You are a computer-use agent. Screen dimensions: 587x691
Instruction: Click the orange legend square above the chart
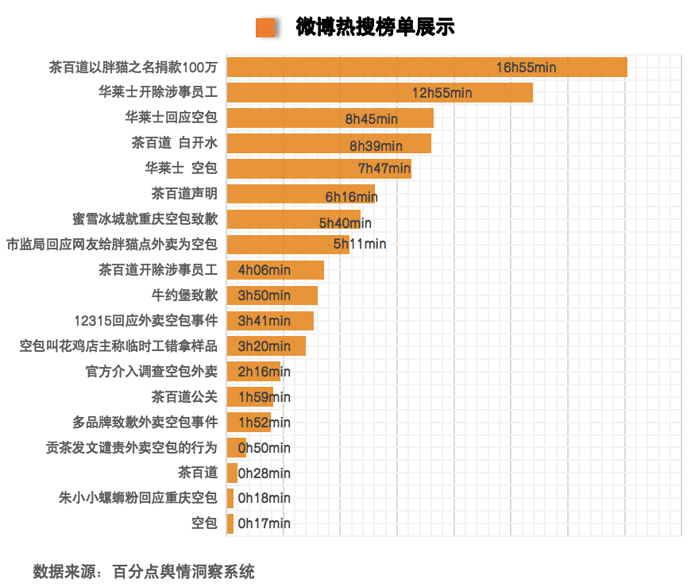[x=265, y=28]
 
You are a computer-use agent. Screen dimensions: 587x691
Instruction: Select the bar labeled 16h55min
[x=357, y=68]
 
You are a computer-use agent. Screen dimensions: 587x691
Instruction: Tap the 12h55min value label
[x=442, y=93]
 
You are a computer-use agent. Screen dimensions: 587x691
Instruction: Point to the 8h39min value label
[x=376, y=145]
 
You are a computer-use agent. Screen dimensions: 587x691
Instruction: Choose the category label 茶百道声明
[x=184, y=193]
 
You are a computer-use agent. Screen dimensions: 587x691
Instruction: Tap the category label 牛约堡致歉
[x=184, y=295]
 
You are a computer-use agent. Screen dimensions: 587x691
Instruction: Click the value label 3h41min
[x=264, y=321]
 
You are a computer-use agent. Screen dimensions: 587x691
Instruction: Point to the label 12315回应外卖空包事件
[x=145, y=321]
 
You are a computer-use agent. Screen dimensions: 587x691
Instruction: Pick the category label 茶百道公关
[x=184, y=396]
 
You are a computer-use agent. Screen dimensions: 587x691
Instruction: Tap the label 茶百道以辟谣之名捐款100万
[x=133, y=68]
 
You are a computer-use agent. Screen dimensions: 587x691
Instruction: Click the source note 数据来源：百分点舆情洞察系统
[x=144, y=571]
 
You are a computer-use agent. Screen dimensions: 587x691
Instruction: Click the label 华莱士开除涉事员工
[x=157, y=93]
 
